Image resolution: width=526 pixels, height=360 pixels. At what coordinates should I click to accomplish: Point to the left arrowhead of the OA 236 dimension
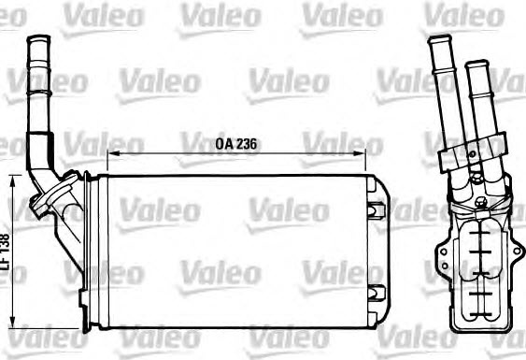(114, 153)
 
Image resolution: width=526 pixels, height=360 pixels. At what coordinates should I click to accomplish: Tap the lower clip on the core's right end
(376, 294)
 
